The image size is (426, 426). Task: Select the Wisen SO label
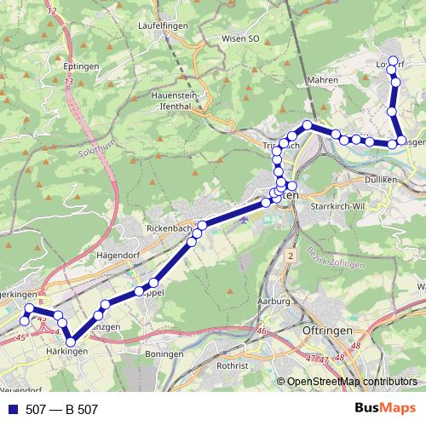[x=239, y=38]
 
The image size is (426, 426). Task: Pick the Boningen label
[x=163, y=353]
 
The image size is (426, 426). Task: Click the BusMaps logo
[x=384, y=408]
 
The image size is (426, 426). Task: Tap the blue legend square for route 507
[x=12, y=409]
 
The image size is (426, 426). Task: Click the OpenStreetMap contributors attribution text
[x=352, y=382]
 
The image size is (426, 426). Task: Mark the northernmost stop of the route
[x=393, y=62]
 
